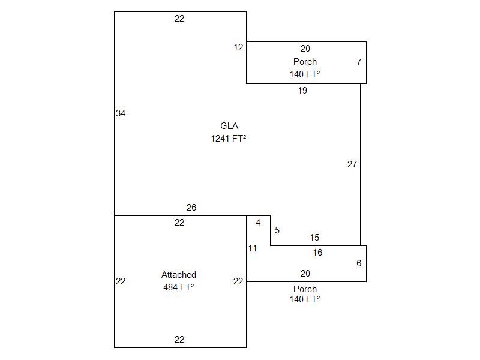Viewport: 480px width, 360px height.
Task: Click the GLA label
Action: [x=229, y=126]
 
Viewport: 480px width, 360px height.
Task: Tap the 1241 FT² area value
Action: [x=229, y=139]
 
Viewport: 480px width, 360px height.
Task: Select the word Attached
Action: [x=179, y=275]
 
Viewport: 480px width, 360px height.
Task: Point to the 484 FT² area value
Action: [x=179, y=287]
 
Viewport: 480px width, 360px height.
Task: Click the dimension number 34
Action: [x=121, y=113]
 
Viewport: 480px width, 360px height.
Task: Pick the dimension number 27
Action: [x=352, y=164]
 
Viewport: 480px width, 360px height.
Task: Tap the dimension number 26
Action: [x=191, y=208]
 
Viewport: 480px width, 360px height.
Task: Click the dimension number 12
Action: [x=239, y=47]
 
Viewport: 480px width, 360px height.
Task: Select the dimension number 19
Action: [x=302, y=91]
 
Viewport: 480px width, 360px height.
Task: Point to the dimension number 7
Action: [x=359, y=62]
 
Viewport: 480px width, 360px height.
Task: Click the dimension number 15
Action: [x=315, y=238]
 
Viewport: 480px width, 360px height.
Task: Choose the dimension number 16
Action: [x=317, y=253]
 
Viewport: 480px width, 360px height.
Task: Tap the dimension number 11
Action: [x=253, y=248]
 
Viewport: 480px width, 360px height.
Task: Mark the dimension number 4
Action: [x=258, y=223]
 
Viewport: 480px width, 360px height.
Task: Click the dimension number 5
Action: [x=277, y=230]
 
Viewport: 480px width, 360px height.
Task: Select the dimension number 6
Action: [x=359, y=263]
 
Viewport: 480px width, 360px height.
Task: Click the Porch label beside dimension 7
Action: [x=305, y=62]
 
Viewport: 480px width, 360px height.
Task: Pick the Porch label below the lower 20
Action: [x=305, y=289]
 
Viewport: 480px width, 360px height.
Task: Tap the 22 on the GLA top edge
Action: [x=179, y=19]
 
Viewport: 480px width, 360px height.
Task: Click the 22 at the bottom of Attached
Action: [x=179, y=340]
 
